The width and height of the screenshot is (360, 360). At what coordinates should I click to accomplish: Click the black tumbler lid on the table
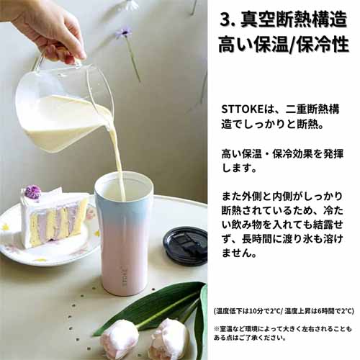tap(185, 246)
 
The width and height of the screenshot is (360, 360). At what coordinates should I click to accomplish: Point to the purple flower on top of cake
tap(32, 192)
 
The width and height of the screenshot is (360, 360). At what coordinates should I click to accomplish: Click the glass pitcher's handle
tap(40, 63)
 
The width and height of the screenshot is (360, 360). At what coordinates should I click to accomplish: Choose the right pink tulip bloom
tap(169, 339)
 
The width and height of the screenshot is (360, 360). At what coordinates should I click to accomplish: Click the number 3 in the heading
tap(225, 19)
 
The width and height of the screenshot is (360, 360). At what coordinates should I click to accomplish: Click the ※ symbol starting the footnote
tap(216, 328)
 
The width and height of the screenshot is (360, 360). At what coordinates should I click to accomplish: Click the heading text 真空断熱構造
tap(294, 19)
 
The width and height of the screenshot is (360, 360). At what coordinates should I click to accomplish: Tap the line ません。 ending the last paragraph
tap(240, 253)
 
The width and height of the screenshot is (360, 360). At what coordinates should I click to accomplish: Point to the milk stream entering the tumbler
tap(118, 158)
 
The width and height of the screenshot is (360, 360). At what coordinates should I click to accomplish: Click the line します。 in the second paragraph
tap(240, 168)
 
